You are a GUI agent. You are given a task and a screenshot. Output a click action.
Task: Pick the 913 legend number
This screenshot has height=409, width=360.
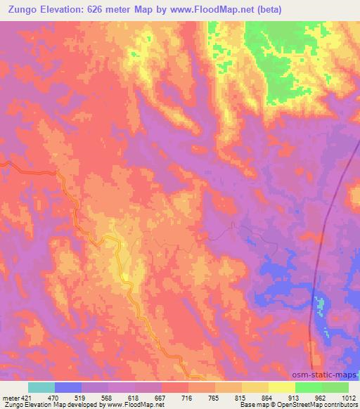pyautogui.click(x=295, y=396)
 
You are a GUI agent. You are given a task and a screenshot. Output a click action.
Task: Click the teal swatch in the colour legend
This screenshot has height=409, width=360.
pyautogui.click(x=41, y=387)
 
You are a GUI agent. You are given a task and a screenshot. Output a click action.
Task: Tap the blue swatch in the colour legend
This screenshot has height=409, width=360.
pyautogui.click(x=68, y=387)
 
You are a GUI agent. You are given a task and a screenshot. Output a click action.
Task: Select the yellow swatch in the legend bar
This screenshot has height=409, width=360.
pyautogui.click(x=281, y=387)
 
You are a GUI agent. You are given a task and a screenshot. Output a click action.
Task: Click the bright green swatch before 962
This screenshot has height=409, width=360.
pyautogui.click(x=308, y=387)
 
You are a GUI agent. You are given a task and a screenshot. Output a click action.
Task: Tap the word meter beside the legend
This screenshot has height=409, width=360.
pyautogui.click(x=11, y=396)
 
